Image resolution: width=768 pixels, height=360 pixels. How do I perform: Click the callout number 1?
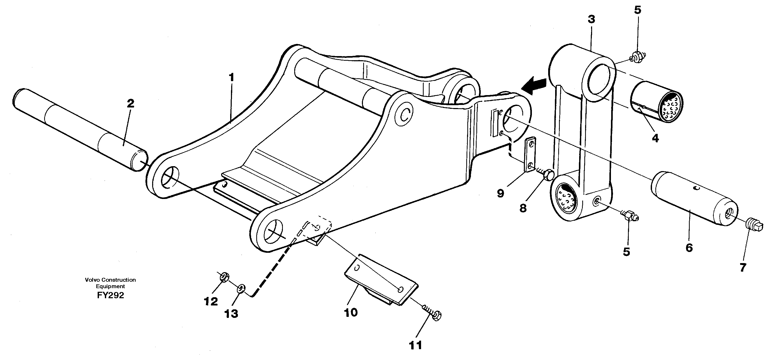(231, 78)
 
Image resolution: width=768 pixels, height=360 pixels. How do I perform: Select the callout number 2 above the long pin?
(130, 103)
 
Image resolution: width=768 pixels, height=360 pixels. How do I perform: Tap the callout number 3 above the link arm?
(591, 19)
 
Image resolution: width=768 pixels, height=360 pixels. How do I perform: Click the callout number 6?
(689, 247)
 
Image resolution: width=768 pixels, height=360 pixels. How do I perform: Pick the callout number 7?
(743, 267)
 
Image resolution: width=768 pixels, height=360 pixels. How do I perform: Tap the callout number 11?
(415, 345)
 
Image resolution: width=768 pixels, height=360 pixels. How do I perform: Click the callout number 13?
(231, 313)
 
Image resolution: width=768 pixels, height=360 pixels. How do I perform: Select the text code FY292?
(110, 295)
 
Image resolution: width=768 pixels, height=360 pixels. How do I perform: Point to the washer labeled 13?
(241, 288)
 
